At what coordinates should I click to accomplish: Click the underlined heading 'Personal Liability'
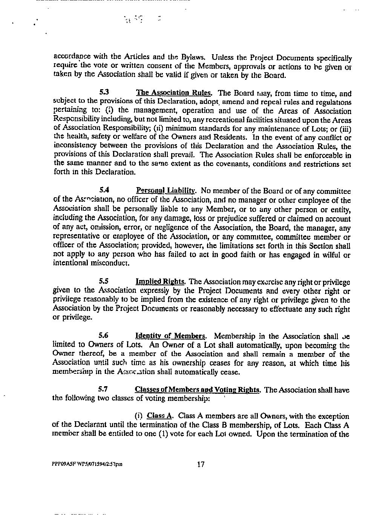click(x=165, y=191)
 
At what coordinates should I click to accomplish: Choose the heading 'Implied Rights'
click(x=160, y=282)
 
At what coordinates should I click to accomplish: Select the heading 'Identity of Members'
click(x=170, y=336)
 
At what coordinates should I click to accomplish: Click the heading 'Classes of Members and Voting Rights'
click(x=198, y=390)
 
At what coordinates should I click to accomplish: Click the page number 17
click(x=201, y=464)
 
